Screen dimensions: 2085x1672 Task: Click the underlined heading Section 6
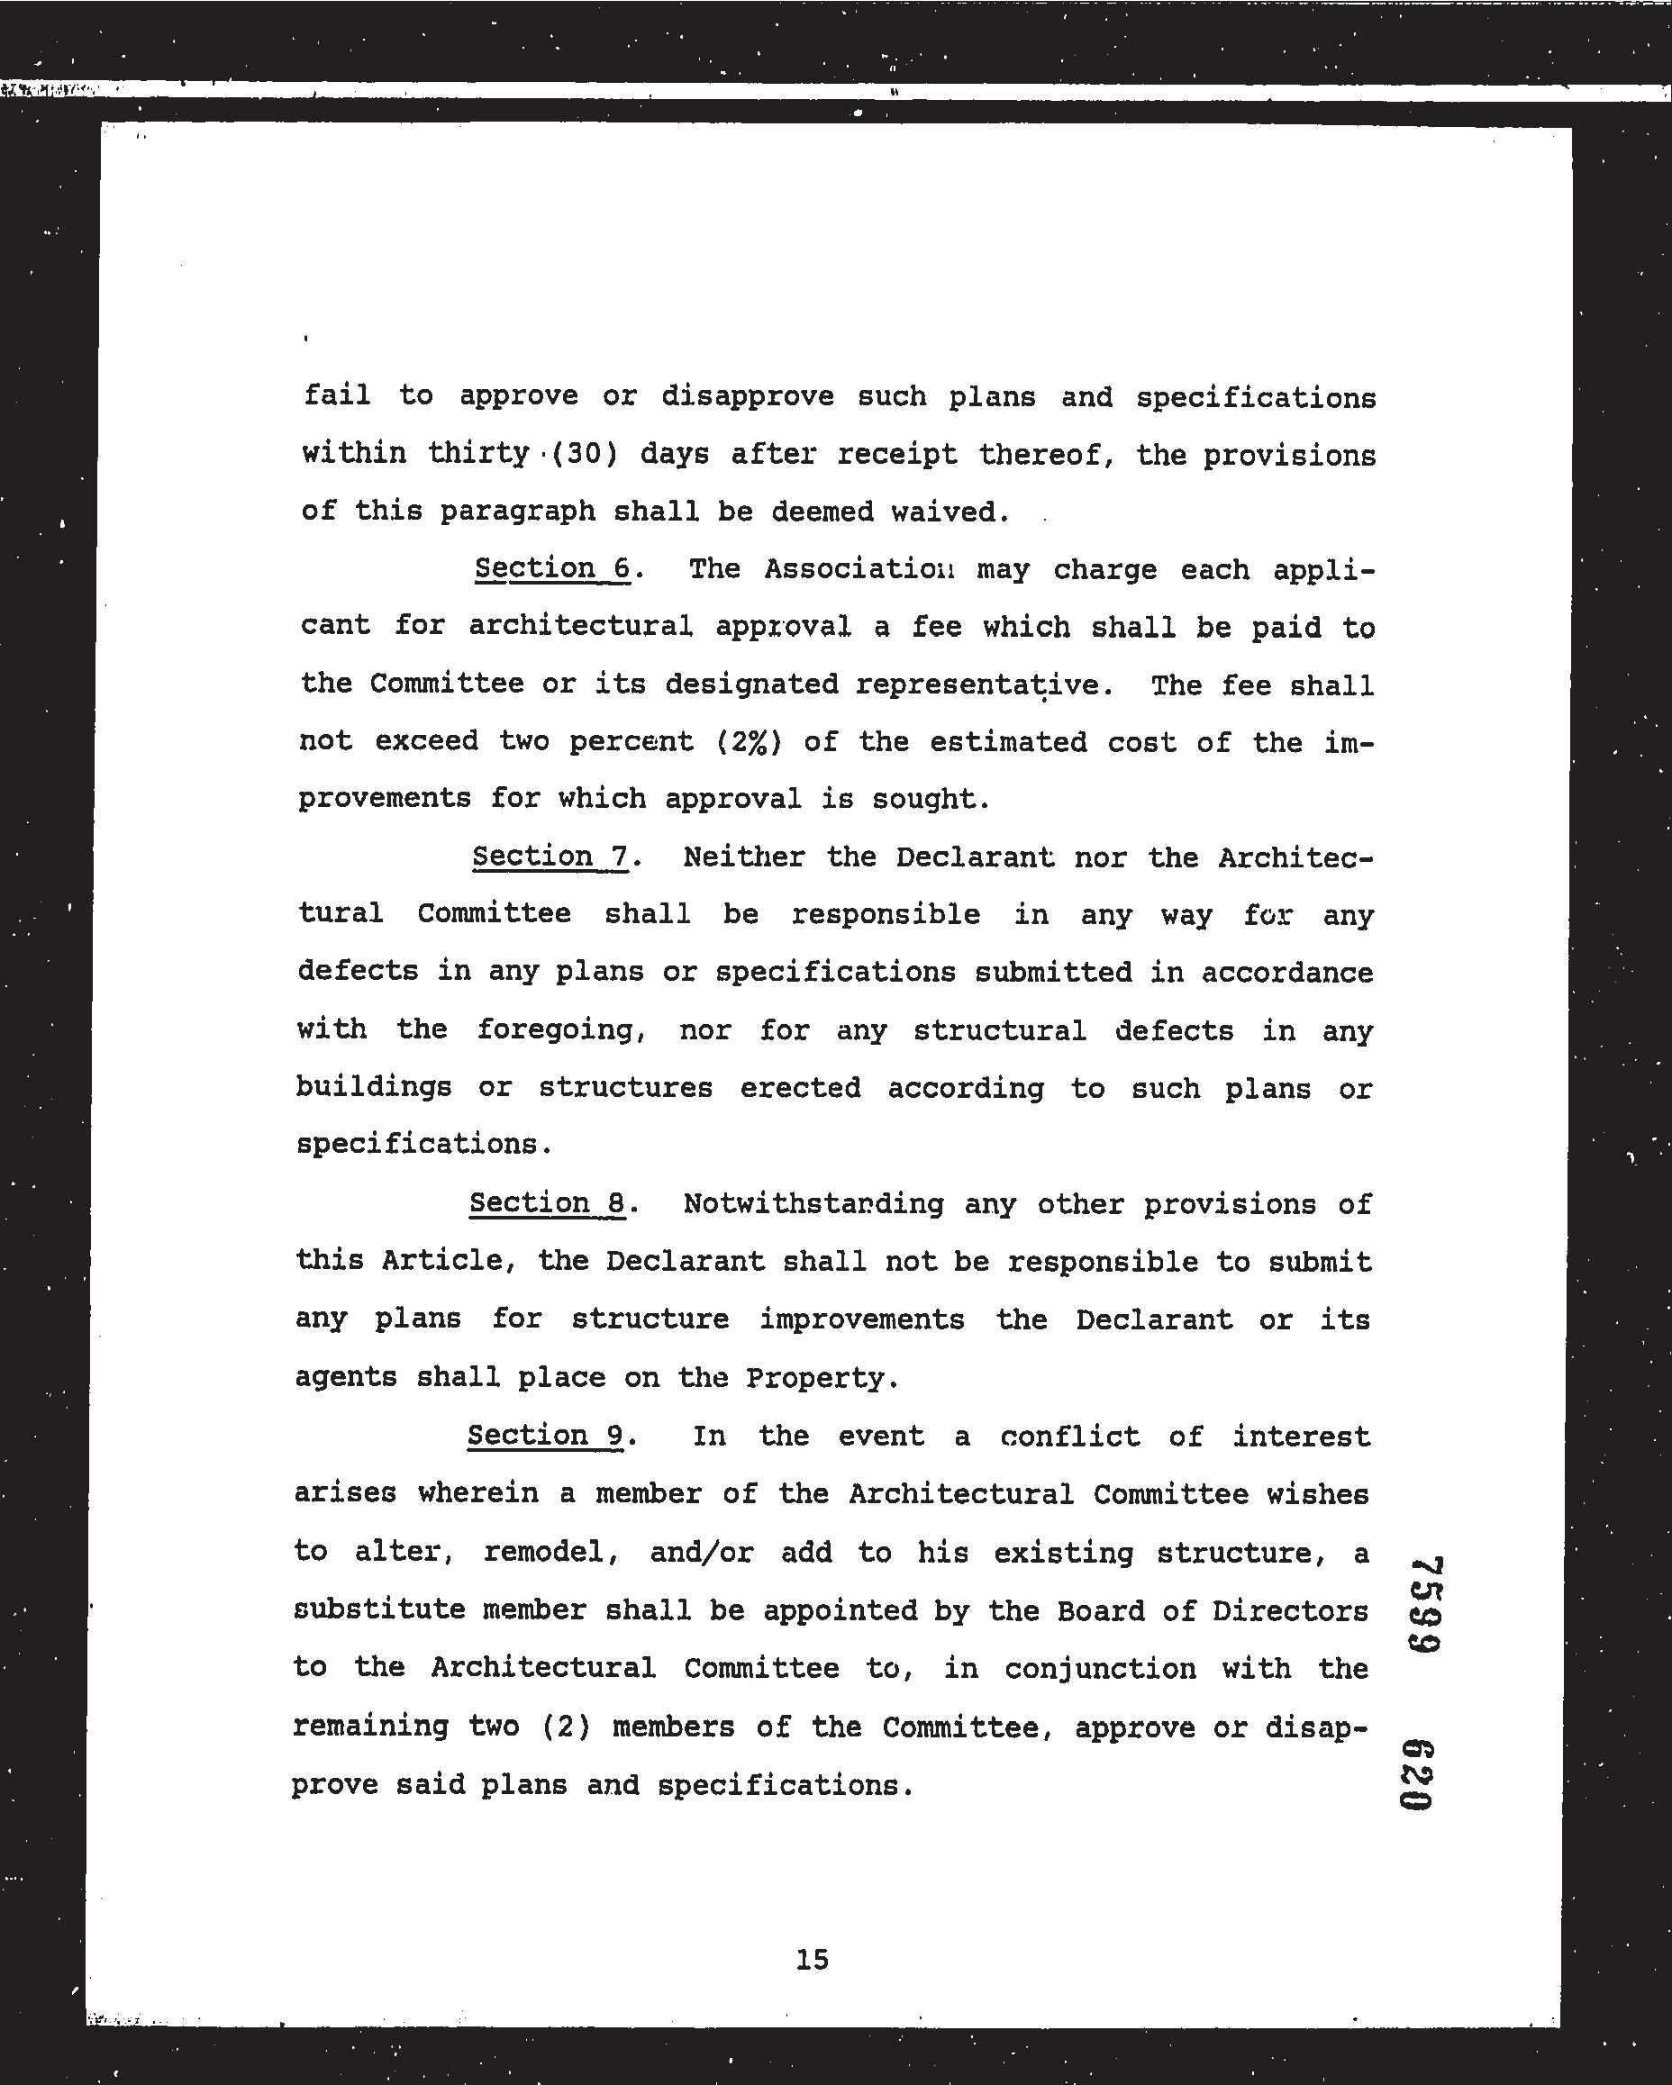click(x=552, y=568)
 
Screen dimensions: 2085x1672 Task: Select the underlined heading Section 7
click(x=550, y=857)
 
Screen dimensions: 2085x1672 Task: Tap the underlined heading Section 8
click(x=548, y=1203)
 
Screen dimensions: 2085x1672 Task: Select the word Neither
click(x=743, y=857)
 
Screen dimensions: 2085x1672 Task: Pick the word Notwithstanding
click(x=813, y=1204)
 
